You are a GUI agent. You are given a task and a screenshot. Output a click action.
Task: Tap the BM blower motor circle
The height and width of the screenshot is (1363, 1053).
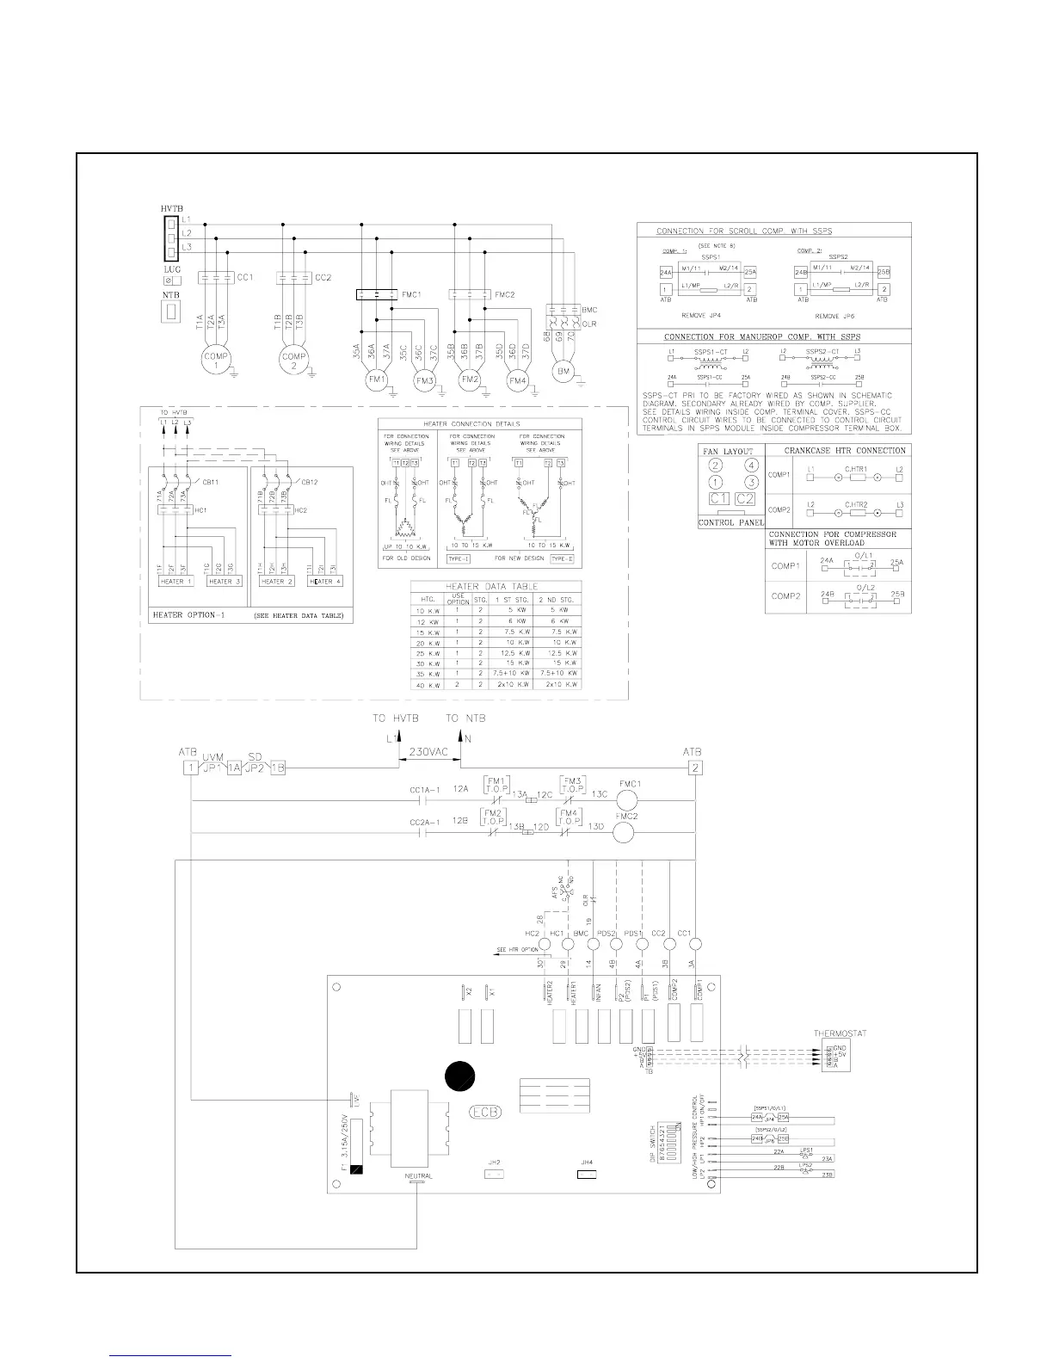tap(563, 369)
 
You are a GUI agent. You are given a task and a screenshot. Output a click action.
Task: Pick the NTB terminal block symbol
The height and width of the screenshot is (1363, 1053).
tap(171, 311)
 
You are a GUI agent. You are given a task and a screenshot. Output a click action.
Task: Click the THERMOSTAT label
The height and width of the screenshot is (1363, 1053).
tap(840, 1033)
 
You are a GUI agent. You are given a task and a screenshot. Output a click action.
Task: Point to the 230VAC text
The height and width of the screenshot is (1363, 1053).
tap(428, 750)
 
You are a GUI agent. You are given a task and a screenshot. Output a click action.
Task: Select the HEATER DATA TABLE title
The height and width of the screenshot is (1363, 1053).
tap(496, 586)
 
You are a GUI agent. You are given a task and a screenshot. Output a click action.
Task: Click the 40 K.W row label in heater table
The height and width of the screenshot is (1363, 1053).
tap(427, 685)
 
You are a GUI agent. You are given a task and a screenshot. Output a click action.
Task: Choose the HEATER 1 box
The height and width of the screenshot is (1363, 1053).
tap(176, 582)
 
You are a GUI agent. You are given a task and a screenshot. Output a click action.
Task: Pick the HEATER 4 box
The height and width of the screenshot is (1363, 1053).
tap(324, 582)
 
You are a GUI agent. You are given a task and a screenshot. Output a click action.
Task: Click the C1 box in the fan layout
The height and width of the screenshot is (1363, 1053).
tap(718, 499)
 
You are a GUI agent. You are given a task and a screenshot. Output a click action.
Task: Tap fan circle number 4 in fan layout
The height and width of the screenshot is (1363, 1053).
tap(750, 466)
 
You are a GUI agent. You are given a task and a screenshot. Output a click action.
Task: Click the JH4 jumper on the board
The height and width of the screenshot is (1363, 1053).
tap(587, 1173)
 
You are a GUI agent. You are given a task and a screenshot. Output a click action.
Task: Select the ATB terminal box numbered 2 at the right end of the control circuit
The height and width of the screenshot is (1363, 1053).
tap(696, 768)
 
